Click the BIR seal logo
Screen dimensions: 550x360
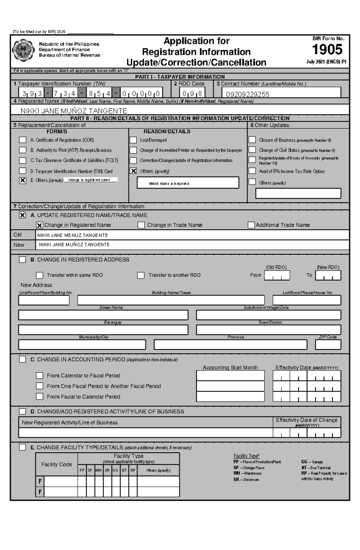tap(23, 50)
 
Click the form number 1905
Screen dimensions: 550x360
tap(327, 50)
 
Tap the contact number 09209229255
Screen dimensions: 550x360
tap(247, 94)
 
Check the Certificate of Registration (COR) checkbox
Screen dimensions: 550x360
tap(22, 140)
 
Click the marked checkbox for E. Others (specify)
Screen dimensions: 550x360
tap(22, 180)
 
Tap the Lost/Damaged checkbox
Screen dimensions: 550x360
tap(133, 140)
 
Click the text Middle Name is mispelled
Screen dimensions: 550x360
tap(169, 184)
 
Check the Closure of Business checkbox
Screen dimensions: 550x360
tap(252, 140)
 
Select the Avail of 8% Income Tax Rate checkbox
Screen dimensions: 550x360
tap(252, 171)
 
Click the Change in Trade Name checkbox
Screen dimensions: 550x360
tap(141, 225)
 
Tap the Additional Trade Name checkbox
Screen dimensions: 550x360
tap(251, 225)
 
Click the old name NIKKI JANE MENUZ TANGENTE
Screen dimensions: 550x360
tap(72, 235)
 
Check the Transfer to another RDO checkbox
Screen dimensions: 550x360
tap(141, 275)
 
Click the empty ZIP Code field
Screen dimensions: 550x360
tap(328, 345)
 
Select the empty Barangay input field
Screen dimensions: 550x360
tap(103, 330)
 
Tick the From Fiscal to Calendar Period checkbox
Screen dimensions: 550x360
tap(39, 397)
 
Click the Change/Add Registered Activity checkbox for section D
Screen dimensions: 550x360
tap(22, 412)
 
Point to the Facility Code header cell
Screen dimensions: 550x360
tap(56, 464)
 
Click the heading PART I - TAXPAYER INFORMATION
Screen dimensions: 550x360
tap(180, 77)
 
